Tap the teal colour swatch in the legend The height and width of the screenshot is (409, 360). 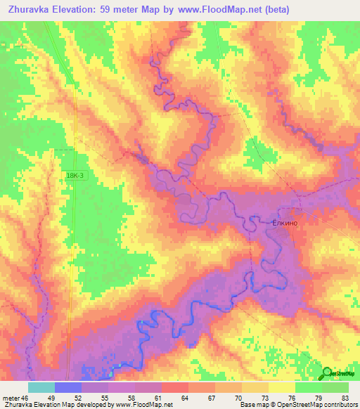[41, 387]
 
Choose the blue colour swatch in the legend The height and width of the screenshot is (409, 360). [68, 387]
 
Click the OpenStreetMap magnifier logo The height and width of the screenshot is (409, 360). [328, 373]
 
